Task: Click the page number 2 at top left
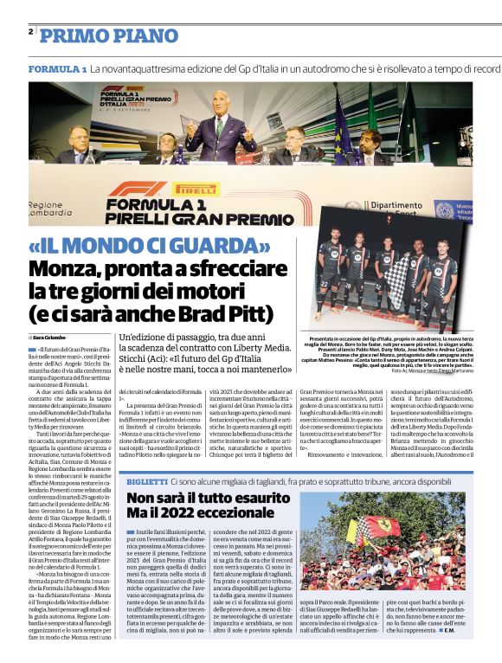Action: pos(31,32)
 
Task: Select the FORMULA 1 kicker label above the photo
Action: pos(57,68)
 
